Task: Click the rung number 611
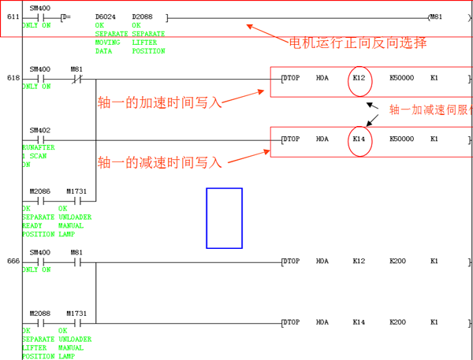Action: [13, 17]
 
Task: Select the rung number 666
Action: [13, 261]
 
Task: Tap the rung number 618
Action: [13, 78]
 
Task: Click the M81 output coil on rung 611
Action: [434, 17]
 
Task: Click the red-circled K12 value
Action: [359, 78]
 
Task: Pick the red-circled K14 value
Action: [359, 139]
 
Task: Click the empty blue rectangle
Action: [224, 218]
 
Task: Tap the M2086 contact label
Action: [39, 191]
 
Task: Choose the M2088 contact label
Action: [39, 314]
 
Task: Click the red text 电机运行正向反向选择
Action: [358, 43]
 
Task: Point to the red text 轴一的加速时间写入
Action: [159, 102]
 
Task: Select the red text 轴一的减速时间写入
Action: [159, 162]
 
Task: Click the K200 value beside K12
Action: [399, 261]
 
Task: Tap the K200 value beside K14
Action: [399, 322]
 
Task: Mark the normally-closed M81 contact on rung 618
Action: [76, 79]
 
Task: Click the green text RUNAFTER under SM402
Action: [38, 148]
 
